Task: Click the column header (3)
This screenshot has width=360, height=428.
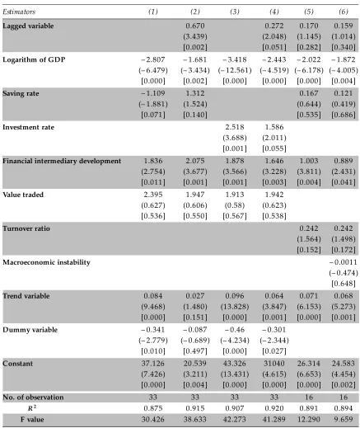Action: pyautogui.click(x=235, y=12)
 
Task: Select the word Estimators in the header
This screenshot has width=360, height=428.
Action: pyautogui.click(x=19, y=12)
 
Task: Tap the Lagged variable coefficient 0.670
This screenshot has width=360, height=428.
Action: pyautogui.click(x=195, y=26)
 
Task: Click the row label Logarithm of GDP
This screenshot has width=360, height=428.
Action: pyautogui.click(x=34, y=59)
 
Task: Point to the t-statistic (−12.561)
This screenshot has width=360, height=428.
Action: pyautogui.click(x=235, y=70)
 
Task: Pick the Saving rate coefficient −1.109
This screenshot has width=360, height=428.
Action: pyautogui.click(x=153, y=93)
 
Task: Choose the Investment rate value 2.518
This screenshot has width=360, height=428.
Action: pyautogui.click(x=235, y=127)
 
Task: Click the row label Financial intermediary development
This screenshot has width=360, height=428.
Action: pyautogui.click(x=62, y=161)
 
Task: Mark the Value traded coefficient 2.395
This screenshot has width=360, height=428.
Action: pyautogui.click(x=153, y=195)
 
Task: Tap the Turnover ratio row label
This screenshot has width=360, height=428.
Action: pyautogui.click(x=26, y=228)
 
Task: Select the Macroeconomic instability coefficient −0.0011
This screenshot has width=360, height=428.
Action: pyautogui.click(x=344, y=262)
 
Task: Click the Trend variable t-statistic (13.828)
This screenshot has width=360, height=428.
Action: pyautogui.click(x=235, y=307)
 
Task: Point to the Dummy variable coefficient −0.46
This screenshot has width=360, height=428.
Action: pyautogui.click(x=235, y=330)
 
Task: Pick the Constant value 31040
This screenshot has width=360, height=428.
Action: pyautogui.click(x=274, y=364)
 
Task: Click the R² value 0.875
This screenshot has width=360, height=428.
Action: pyautogui.click(x=153, y=408)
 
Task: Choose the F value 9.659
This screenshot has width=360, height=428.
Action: pyautogui.click(x=344, y=420)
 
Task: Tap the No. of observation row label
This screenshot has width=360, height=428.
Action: pyautogui.click(x=33, y=397)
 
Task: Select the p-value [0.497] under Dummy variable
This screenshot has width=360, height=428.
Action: pyautogui.click(x=195, y=351)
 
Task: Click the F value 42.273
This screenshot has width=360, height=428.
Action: pyautogui.click(x=235, y=420)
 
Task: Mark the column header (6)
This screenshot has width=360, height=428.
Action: pyautogui.click(x=344, y=12)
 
